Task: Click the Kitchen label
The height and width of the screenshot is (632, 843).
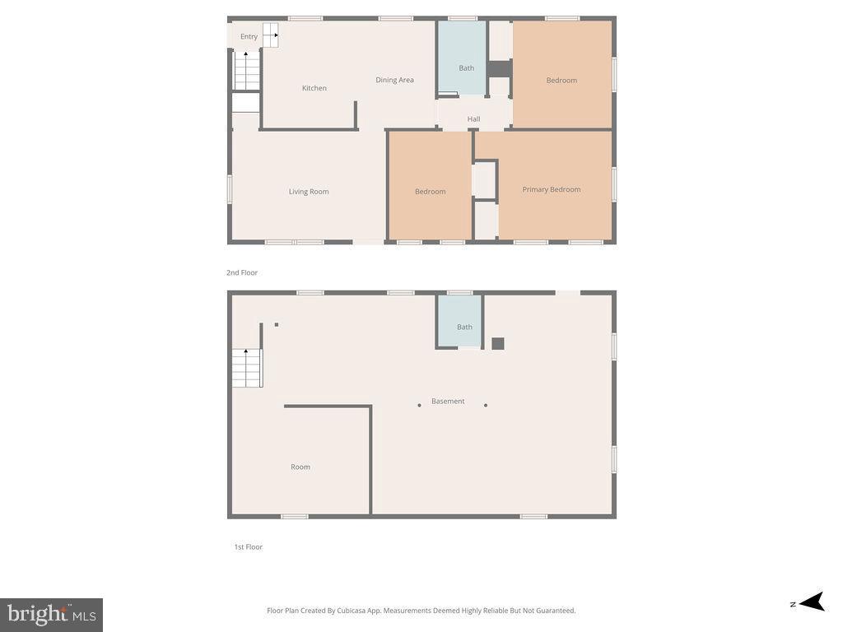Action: point(314,88)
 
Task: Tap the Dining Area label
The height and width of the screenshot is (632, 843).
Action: point(394,80)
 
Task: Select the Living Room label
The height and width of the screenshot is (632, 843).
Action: point(309,192)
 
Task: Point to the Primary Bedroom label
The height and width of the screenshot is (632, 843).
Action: point(552,189)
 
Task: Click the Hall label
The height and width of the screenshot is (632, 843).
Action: point(473,119)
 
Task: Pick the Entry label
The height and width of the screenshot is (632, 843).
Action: point(249,36)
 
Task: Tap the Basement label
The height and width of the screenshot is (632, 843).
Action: point(448,402)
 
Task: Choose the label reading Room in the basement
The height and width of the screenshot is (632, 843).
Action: point(300,467)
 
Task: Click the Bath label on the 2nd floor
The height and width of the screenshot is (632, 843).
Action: point(467,68)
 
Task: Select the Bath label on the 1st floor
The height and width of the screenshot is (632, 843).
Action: point(464,327)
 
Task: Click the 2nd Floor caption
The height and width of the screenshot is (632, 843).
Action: point(242,272)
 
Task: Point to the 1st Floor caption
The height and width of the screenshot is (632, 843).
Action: point(248,546)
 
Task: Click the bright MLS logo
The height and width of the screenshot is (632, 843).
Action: point(51,614)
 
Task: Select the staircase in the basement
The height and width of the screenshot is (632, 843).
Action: point(246,368)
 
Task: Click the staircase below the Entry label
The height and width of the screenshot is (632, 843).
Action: point(246,71)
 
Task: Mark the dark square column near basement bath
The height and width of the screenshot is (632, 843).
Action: point(497,344)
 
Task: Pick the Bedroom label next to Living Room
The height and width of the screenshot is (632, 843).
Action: point(430,192)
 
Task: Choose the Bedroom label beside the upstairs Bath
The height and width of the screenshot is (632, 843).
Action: point(561,80)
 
